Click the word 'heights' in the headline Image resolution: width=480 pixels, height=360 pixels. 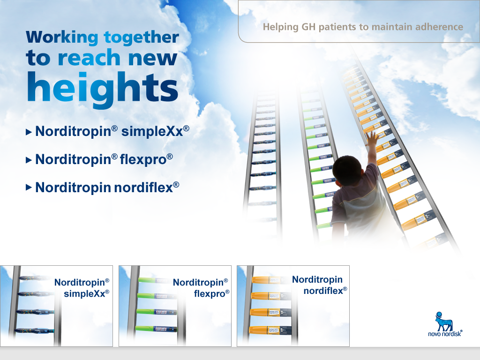(x=103, y=89)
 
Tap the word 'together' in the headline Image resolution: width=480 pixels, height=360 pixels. (x=142, y=37)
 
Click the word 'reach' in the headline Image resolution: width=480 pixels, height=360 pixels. (x=89, y=58)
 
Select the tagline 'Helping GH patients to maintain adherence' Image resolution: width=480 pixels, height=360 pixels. (x=363, y=27)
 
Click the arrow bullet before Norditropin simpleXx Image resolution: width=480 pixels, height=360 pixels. (x=29, y=132)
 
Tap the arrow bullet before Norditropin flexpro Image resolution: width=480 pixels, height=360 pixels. (x=29, y=160)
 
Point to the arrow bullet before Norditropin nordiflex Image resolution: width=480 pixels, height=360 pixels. (x=29, y=187)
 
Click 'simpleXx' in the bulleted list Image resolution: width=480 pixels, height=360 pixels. (x=155, y=131)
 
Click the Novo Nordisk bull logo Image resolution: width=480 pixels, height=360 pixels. (x=443, y=322)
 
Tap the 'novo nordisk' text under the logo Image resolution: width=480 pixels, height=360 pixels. (x=445, y=334)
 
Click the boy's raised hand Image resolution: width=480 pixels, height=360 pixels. (x=372, y=139)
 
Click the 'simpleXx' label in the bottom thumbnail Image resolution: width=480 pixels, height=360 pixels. (x=86, y=293)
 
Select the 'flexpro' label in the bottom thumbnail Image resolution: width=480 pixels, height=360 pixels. (x=211, y=293)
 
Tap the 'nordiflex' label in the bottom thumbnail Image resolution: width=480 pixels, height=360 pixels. (x=325, y=291)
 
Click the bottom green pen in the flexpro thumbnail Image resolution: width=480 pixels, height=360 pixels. (x=156, y=329)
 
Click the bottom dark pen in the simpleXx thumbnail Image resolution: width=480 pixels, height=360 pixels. (x=34, y=330)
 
